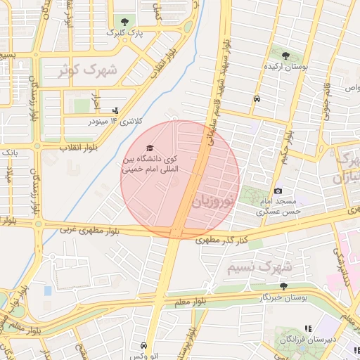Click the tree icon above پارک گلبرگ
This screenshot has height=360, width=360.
(125, 22)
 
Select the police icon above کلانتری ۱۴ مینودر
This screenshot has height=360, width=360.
(115, 110)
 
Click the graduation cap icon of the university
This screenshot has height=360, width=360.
(149, 148)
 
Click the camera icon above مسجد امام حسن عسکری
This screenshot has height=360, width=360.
(278, 191)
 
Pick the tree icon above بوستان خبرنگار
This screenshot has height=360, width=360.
(283, 286)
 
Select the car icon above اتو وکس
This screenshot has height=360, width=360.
(144, 345)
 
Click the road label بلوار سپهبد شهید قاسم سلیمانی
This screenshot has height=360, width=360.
(219, 91)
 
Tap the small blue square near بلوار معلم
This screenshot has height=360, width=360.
(48, 290)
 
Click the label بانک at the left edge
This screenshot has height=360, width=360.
(9, 152)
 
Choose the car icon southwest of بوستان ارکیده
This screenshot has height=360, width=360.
(257, 99)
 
